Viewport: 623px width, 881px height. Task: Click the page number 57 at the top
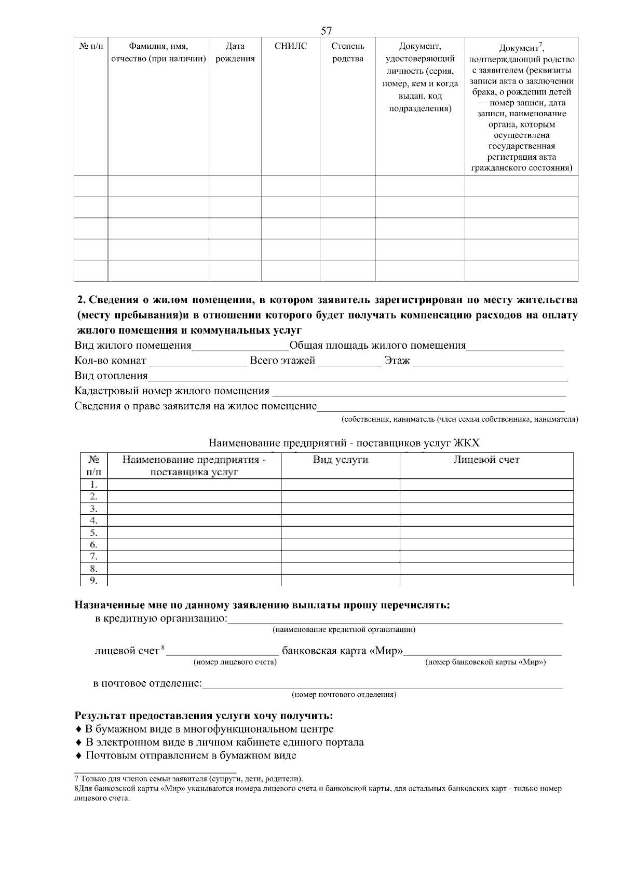(x=326, y=31)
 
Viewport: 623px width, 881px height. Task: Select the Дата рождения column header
(x=235, y=52)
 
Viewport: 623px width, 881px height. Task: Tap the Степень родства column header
(x=347, y=52)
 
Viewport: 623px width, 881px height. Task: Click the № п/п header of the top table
(x=91, y=46)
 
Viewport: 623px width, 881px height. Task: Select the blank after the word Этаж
(x=487, y=362)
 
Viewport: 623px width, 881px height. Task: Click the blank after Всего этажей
(x=349, y=362)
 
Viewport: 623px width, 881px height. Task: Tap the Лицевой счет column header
(x=486, y=459)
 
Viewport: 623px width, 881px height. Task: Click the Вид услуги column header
(x=340, y=459)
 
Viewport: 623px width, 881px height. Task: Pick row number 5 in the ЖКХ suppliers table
(x=94, y=532)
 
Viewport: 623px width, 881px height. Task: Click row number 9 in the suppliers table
(x=94, y=580)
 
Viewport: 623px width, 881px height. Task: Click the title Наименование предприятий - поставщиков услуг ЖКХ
(x=344, y=443)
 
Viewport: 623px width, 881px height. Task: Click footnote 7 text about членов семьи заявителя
(x=189, y=779)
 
